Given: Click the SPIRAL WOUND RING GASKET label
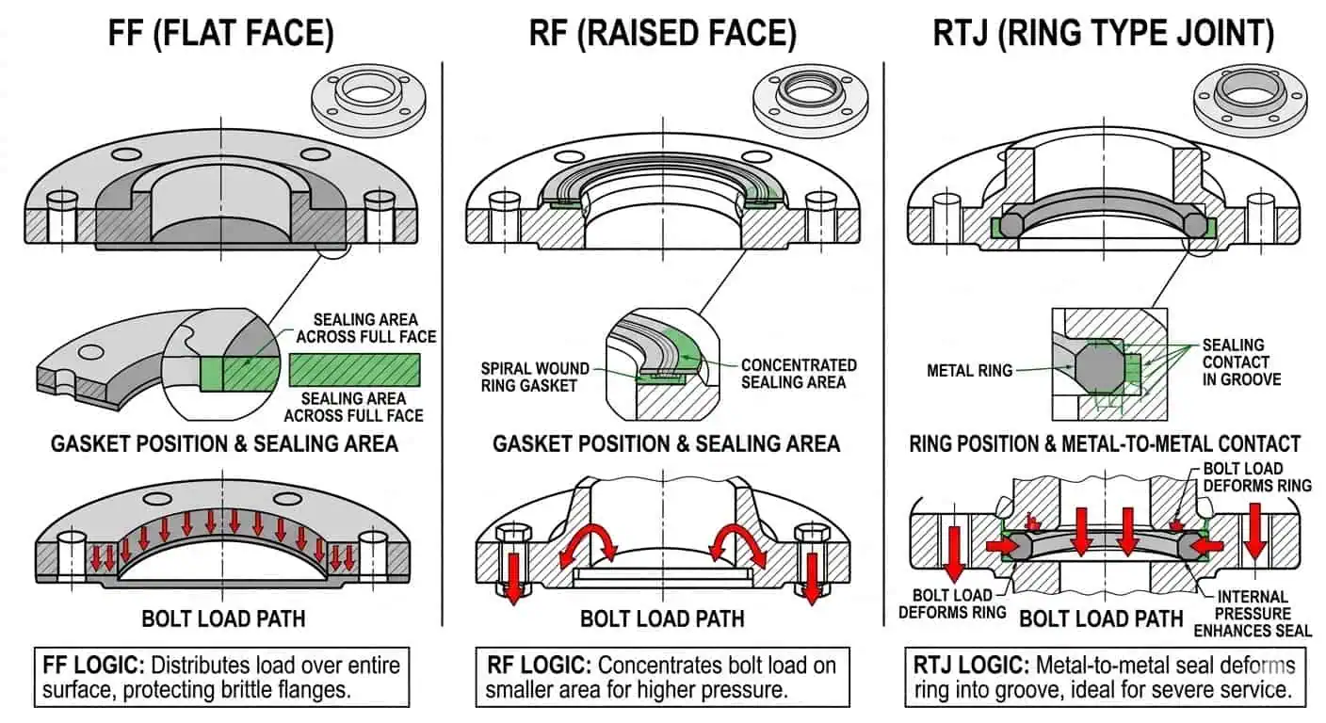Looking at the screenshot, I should click(x=535, y=377).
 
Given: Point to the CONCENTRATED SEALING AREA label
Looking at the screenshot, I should click(x=798, y=373).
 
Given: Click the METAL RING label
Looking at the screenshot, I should click(x=969, y=371).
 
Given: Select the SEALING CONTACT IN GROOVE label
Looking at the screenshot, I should click(x=1241, y=362).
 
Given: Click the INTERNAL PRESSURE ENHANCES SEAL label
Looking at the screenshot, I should click(x=1253, y=613).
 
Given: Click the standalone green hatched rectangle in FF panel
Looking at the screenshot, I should click(x=355, y=370).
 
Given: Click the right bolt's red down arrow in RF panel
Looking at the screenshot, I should click(x=811, y=578).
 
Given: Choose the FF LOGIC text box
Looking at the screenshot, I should click(x=221, y=677).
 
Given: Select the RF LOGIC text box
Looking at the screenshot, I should click(x=662, y=677).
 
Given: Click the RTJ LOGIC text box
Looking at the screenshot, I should click(x=1104, y=677).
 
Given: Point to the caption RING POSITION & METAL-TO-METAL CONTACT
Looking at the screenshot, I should click(x=1104, y=443).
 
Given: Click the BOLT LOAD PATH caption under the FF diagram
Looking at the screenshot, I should click(x=223, y=619).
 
